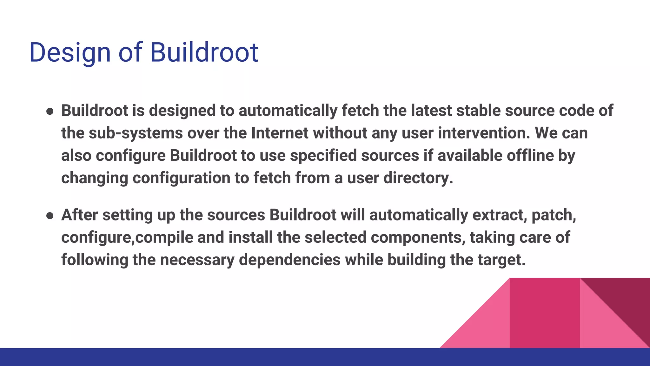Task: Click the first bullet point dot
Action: pos(50,112)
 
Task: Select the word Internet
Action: pos(280,133)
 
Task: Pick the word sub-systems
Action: pos(136,133)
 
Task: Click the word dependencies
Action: pos(290,260)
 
